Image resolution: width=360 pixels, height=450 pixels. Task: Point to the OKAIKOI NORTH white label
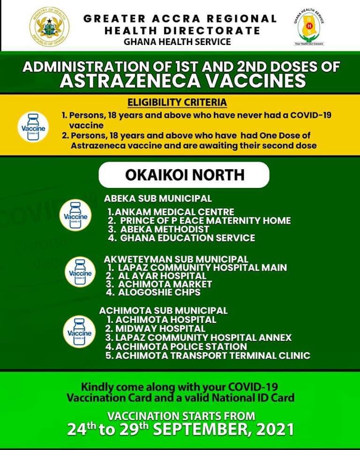184,175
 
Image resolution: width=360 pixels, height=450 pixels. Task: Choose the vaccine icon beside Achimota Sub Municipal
78,332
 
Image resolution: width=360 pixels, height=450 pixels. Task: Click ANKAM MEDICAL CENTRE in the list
171,212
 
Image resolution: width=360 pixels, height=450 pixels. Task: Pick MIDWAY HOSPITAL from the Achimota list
155,329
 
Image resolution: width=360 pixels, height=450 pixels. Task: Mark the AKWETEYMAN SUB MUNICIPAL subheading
176,259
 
